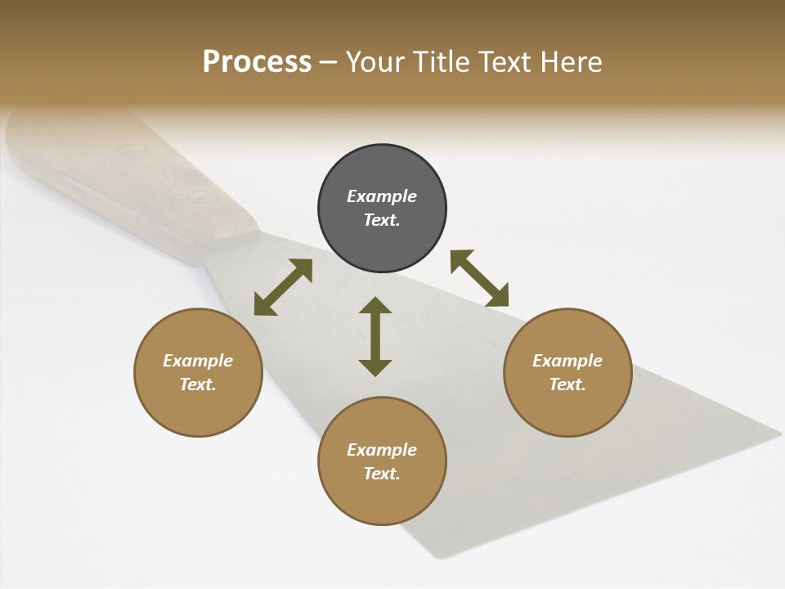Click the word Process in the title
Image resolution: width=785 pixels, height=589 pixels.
pos(257,62)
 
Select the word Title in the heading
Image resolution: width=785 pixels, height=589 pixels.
pos(442,62)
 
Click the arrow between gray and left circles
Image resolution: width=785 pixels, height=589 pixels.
pos(283,287)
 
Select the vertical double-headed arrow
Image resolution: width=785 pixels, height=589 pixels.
pos(375,336)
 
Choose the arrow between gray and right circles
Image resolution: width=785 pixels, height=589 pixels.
pos(479,278)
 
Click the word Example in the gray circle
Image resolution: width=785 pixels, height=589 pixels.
pos(382,196)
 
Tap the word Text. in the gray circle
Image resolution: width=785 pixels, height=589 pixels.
pos(382,220)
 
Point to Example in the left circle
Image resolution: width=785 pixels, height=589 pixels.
pos(198,361)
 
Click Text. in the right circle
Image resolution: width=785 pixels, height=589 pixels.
pos(567,384)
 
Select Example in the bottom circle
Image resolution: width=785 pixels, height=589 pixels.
pos(382,450)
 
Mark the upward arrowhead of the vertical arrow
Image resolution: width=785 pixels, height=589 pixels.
pos(375,307)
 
